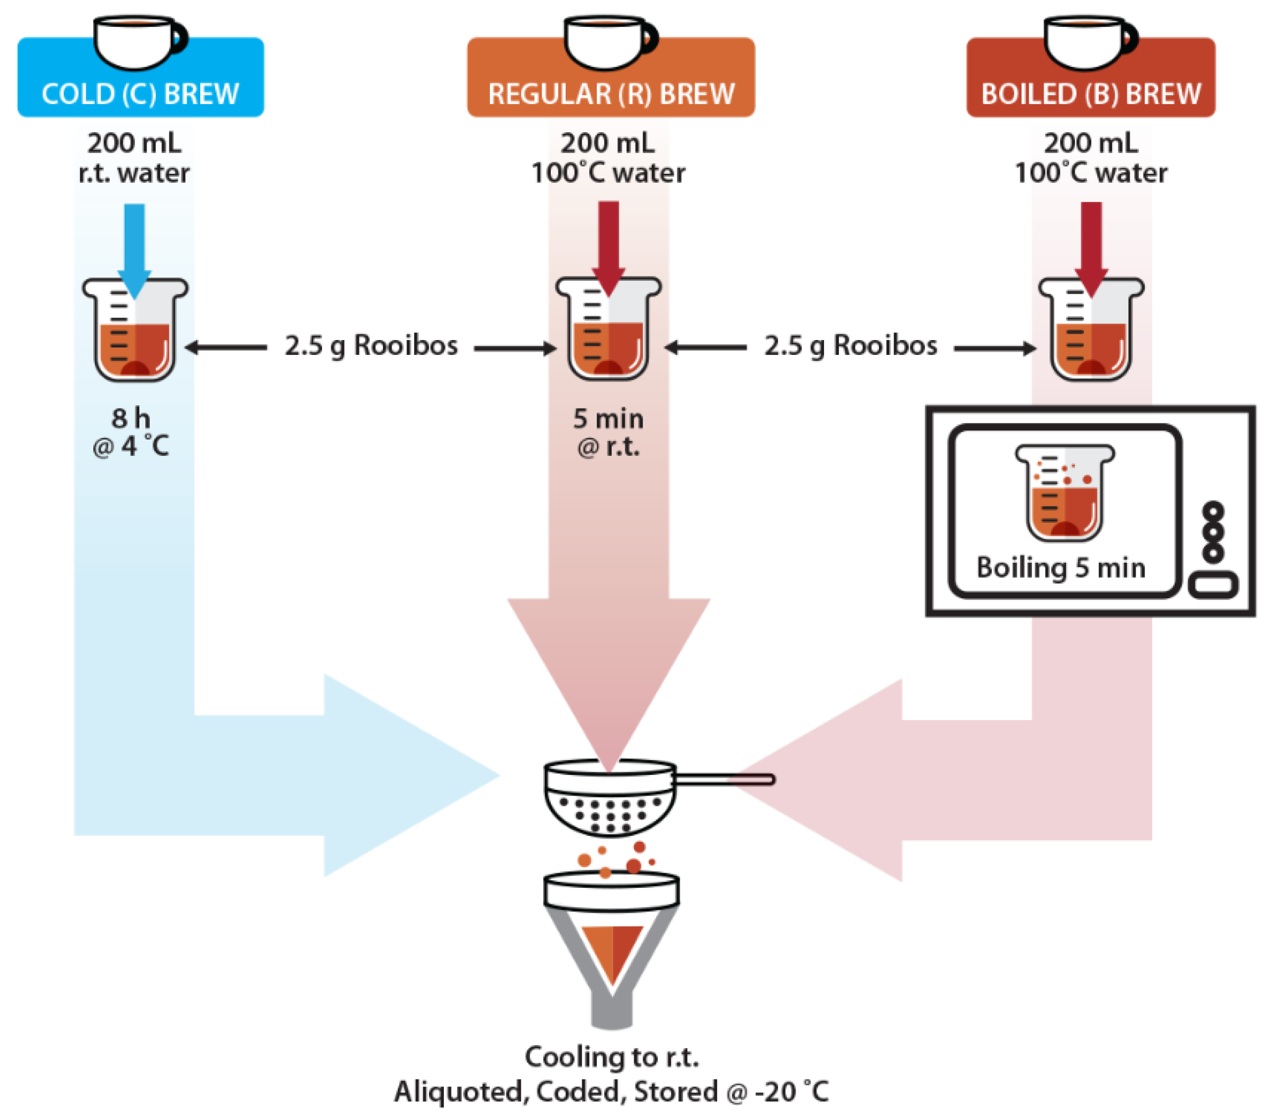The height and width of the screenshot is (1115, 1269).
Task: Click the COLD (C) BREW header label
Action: pos(140,94)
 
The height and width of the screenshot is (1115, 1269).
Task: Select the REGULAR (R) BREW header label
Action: pos(611,94)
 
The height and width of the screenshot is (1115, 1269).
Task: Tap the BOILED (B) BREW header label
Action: pos(1091,94)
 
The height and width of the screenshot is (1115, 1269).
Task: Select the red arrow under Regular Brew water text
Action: pos(608,245)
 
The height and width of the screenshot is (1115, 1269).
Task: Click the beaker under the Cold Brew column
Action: pos(135,332)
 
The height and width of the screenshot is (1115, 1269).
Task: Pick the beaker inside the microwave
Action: pos(1065,493)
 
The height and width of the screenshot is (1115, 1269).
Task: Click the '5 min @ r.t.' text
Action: pos(608,433)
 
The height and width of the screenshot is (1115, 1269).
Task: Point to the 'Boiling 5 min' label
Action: pos(1061,568)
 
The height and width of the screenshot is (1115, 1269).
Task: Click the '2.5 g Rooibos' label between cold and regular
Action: pos(371,346)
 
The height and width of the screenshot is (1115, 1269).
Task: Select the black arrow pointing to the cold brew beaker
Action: pos(227,348)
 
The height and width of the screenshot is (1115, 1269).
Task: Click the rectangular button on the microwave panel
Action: pos(1213,585)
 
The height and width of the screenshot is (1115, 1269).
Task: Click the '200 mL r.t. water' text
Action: pos(134,157)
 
